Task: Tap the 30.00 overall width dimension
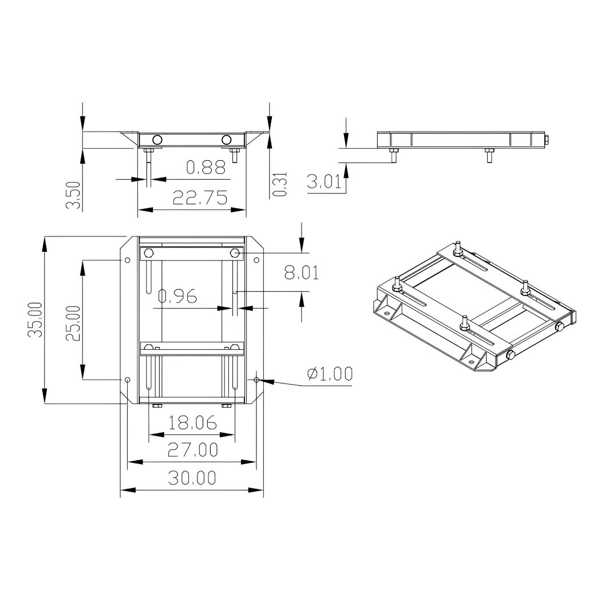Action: point(192,477)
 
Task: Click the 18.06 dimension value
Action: point(192,423)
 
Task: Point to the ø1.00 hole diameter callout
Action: point(329,374)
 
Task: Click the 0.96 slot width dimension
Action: point(177,296)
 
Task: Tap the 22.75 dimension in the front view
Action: point(200,197)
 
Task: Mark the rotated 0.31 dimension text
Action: point(279,185)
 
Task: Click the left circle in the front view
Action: point(157,139)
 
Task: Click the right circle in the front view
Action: point(227,139)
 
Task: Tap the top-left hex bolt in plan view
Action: point(148,253)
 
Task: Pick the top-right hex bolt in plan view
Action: point(235,253)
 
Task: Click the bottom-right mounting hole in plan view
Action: point(256,379)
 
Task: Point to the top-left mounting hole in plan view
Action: point(127,260)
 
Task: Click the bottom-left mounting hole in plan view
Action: point(127,379)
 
